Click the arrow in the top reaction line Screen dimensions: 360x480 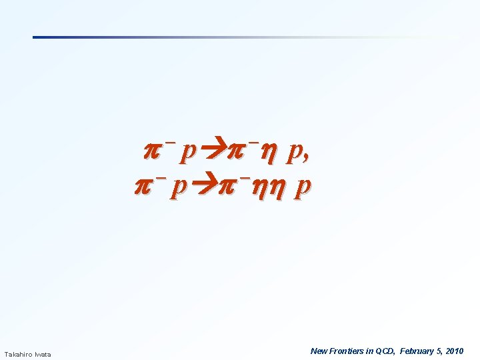pyautogui.click(x=213, y=153)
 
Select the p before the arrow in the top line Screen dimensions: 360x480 pyautogui.click(x=189, y=155)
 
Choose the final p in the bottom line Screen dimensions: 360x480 pyautogui.click(x=303, y=191)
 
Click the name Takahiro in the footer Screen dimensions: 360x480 pyautogui.click(x=19, y=354)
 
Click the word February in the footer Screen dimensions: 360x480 pyautogui.click(x=417, y=351)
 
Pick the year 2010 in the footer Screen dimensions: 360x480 pyautogui.click(x=455, y=351)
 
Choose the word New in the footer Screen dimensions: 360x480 pyautogui.click(x=319, y=351)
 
